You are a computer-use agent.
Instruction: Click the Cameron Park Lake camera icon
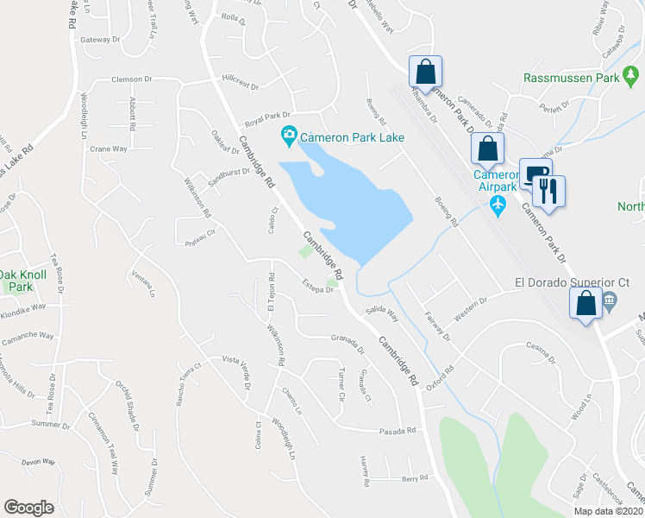(x=288, y=136)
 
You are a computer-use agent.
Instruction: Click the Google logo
(x=29, y=508)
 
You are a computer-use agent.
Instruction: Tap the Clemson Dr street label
(x=131, y=79)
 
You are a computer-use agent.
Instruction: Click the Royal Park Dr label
(x=268, y=115)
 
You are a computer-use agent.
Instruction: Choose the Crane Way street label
(x=109, y=148)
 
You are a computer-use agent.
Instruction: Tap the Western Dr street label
(x=471, y=307)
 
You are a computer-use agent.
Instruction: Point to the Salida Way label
(x=380, y=313)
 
